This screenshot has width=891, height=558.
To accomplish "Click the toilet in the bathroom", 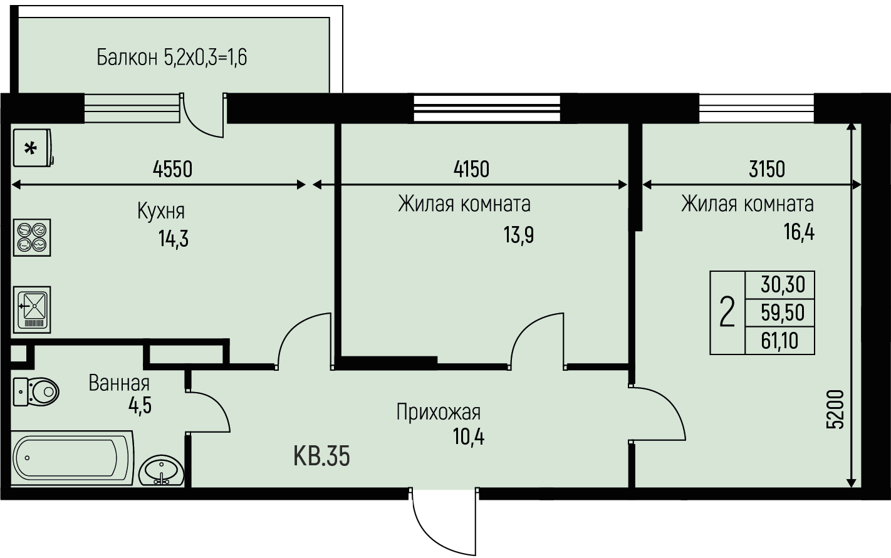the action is pyautogui.click(x=36, y=392).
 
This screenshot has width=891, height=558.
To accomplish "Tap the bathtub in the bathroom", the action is pyautogui.click(x=72, y=458).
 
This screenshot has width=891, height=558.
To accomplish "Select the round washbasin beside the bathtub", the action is pyautogui.click(x=162, y=470).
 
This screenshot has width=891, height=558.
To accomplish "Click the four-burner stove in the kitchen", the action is pyautogui.click(x=32, y=237).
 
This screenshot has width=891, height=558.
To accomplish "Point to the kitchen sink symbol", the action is pyautogui.click(x=32, y=309).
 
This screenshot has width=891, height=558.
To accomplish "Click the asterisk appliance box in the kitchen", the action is pyautogui.click(x=33, y=148).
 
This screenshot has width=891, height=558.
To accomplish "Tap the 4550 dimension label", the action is pyautogui.click(x=173, y=169).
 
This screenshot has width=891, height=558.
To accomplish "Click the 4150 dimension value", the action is pyautogui.click(x=471, y=169).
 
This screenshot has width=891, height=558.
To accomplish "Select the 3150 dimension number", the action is pyautogui.click(x=767, y=169).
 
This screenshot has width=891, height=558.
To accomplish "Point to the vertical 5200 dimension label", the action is pyautogui.click(x=835, y=410).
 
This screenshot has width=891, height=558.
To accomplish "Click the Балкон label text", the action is pyautogui.click(x=127, y=58).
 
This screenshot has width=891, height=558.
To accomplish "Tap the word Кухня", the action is pyautogui.click(x=161, y=211).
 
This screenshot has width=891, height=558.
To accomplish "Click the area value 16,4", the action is pyautogui.click(x=799, y=232).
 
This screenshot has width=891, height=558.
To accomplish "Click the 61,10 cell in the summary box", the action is pyautogui.click(x=779, y=341).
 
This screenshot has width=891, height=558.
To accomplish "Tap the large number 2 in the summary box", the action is pyautogui.click(x=727, y=313).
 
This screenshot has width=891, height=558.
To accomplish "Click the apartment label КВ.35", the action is pyautogui.click(x=321, y=456).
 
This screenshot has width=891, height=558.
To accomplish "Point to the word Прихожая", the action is pyautogui.click(x=439, y=412).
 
